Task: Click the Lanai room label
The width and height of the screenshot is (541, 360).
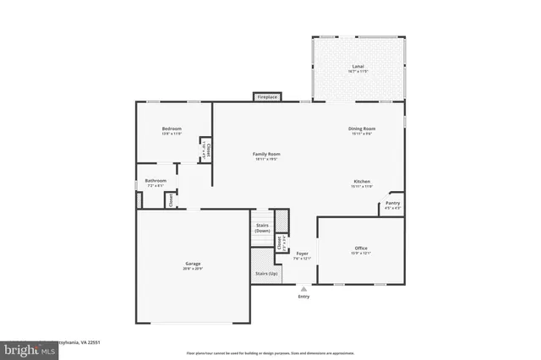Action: coord(358,68)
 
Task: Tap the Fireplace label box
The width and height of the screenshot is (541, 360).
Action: coord(267,97)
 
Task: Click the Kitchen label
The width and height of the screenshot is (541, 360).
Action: coord(362,183)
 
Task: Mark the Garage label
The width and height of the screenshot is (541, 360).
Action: coord(193,265)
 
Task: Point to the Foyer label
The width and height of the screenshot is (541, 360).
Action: coord(303,254)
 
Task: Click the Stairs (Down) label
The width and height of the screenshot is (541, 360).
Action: coord(262,228)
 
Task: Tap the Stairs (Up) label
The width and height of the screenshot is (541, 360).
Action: coord(266,274)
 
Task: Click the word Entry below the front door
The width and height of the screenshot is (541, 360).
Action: coord(303,297)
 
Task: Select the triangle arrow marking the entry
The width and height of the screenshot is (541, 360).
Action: coord(303,288)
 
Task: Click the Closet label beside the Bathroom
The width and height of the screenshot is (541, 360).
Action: coord(170,200)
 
